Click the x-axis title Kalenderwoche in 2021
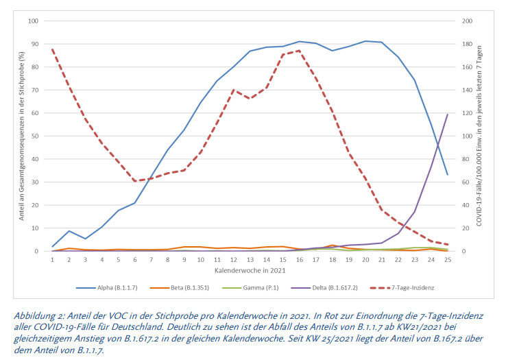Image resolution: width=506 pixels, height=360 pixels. [250, 271]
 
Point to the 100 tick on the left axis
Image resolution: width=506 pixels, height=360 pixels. [32, 21]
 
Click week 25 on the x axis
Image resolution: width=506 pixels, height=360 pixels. [448, 260]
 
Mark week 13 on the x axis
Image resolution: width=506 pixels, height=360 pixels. [250, 260]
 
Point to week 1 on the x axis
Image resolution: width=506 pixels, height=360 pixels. [52, 260]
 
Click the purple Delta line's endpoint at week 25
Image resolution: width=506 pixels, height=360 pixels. [448, 115]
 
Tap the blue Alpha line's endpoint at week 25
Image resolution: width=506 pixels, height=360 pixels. [448, 175]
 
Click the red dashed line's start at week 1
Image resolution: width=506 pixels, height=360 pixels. [52, 49]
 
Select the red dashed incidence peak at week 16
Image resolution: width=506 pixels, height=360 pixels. [300, 51]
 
